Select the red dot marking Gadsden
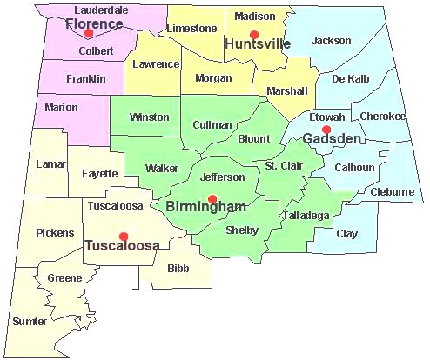click(326, 130)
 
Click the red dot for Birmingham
click(212, 198)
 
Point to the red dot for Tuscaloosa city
click(124, 236)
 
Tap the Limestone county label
click(197, 29)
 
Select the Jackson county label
click(332, 40)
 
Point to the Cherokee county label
click(383, 117)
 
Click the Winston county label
click(149, 117)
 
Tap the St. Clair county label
click(283, 165)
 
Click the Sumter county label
click(30, 321)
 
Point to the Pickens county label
click(55, 232)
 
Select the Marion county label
click(60, 108)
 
